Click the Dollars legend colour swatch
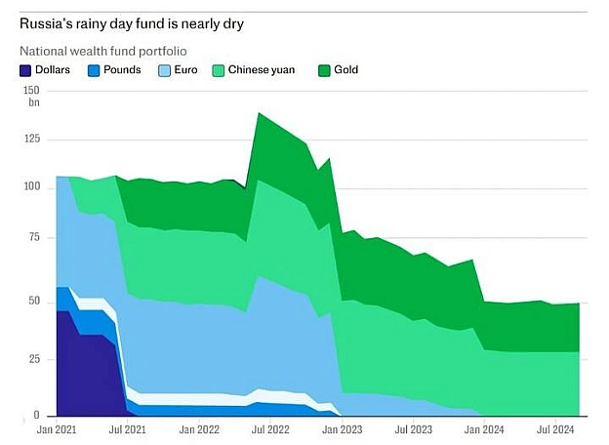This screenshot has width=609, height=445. [25, 70]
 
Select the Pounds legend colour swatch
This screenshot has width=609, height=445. [94, 70]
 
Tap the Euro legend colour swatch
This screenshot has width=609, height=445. [164, 70]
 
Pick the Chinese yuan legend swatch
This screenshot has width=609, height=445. [219, 70]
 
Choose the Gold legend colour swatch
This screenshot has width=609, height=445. [324, 70]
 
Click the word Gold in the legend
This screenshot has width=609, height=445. [346, 70]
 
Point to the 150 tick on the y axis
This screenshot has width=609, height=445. [31, 91]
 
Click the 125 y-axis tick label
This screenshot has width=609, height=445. [32, 139]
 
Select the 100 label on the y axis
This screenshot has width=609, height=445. [32, 186]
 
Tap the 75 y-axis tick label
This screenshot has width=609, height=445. [34, 237]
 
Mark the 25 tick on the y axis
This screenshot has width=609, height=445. [34, 359]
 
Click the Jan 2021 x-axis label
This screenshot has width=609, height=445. [57, 429]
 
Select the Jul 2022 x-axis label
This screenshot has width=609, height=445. [270, 429]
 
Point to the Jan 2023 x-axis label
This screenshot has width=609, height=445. [342, 429]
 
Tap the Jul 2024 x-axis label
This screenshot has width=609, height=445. [555, 429]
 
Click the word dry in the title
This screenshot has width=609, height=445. [233, 24]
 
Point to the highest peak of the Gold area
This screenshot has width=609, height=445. [259, 113]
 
